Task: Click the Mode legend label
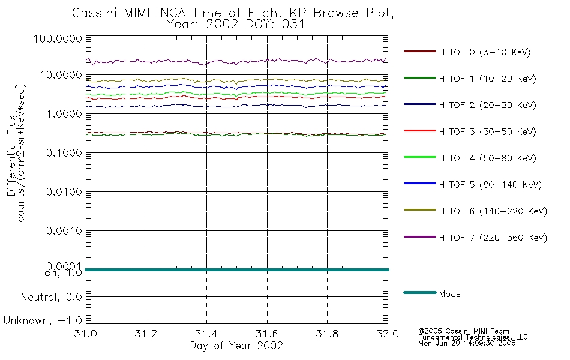(449, 294)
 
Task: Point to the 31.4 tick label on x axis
(206, 334)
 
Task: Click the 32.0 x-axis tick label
(388, 334)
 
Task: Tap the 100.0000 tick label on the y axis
(58, 38)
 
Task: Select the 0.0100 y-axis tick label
(64, 191)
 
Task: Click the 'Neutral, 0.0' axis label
(51, 297)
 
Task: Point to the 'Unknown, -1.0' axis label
(43, 320)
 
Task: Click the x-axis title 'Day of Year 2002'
(236, 345)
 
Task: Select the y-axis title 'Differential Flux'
(11, 155)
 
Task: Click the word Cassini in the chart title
(94, 13)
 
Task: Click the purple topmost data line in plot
(236, 62)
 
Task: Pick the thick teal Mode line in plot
(236, 269)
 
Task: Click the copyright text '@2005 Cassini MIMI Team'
(463, 331)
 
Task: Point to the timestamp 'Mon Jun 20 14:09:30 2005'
(467, 343)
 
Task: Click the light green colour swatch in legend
(420, 157)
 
